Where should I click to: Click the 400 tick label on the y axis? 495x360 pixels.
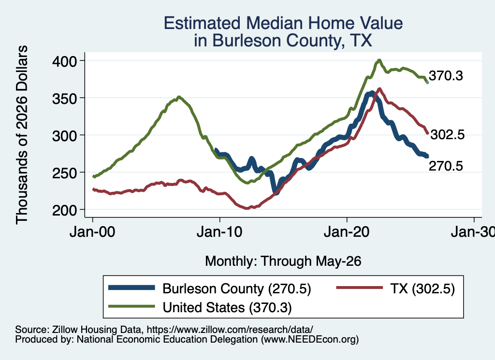pyautogui.click(x=64, y=61)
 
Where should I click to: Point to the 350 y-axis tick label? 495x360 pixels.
pyautogui.click(x=64, y=99)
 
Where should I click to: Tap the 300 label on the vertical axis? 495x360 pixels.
pyautogui.click(x=64, y=136)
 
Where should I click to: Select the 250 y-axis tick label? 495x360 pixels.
pyautogui.click(x=64, y=173)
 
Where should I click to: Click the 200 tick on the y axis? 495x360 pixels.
pyautogui.click(x=64, y=210)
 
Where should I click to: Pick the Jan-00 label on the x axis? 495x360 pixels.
pyautogui.click(x=92, y=232)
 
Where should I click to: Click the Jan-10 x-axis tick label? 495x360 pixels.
pyautogui.click(x=220, y=232)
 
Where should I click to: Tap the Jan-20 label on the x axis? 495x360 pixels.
pyautogui.click(x=347, y=232)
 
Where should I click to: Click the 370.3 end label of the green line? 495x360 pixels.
pyautogui.click(x=446, y=76)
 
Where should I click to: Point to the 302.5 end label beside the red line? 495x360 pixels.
pyautogui.click(x=448, y=134)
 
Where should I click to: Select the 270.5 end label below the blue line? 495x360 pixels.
pyautogui.click(x=446, y=166)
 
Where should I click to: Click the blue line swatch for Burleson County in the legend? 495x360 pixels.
pyautogui.click(x=131, y=288)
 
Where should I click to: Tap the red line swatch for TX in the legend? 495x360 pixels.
pyautogui.click(x=360, y=288)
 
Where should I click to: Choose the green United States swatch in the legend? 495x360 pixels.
pyautogui.click(x=131, y=306)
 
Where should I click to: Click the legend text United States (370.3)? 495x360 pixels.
pyautogui.click(x=227, y=307)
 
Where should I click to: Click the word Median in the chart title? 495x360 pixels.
pyautogui.click(x=275, y=23)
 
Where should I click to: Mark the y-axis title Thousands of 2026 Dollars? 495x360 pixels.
pyautogui.click(x=22, y=135)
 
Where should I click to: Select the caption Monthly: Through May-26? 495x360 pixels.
pyautogui.click(x=283, y=261)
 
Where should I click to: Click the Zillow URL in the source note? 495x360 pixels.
pyautogui.click(x=230, y=330)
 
